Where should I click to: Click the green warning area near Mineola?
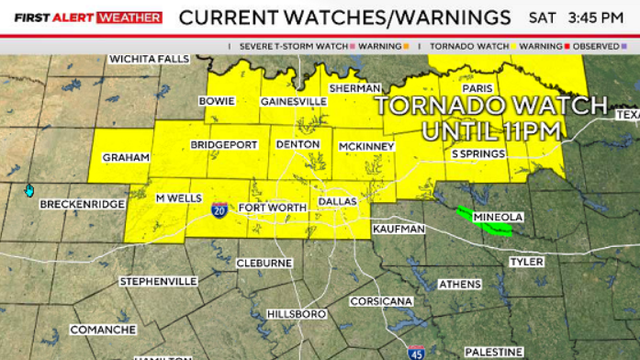(x=482, y=220)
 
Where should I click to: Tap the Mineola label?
(x=497, y=217)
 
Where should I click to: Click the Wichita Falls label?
(x=149, y=59)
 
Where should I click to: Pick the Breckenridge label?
(x=82, y=204)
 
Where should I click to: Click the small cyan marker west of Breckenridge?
(x=29, y=190)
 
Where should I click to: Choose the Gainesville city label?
(x=293, y=101)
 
